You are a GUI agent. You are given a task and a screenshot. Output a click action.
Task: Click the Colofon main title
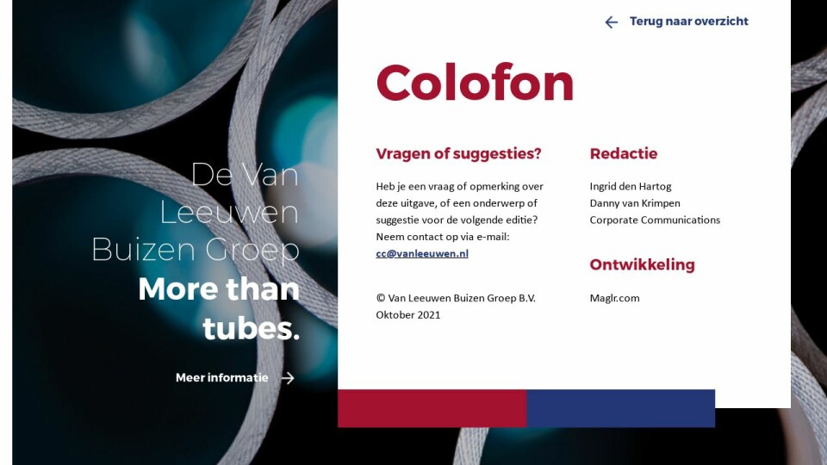[x=475, y=83]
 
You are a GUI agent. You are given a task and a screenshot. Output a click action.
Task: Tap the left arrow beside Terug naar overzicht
[x=612, y=22]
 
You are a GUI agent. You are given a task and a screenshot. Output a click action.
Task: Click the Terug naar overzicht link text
[x=689, y=21]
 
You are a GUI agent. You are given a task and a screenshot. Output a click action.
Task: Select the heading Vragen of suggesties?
[x=458, y=154]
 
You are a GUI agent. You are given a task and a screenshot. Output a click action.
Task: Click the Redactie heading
[x=624, y=153]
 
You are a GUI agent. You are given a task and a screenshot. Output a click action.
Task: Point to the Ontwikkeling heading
[x=642, y=264]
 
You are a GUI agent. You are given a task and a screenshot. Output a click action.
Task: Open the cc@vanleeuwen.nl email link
[x=422, y=253]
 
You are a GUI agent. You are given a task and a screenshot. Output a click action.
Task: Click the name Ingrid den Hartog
[x=631, y=186]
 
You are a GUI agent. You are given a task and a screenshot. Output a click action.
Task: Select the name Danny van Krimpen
[x=635, y=203]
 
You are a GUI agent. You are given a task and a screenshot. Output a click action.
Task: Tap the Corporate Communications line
[x=655, y=220]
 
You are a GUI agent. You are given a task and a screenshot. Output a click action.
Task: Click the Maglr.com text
[x=614, y=298]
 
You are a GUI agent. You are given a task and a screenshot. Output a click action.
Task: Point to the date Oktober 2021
[x=408, y=315]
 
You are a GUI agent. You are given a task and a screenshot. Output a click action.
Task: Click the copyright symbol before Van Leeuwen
[x=381, y=298]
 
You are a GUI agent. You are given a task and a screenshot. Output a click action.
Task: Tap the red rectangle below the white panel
[x=432, y=408]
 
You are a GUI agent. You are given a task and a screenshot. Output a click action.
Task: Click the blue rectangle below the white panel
[x=621, y=408]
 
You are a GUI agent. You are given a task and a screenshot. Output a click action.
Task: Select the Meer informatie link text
[x=222, y=377]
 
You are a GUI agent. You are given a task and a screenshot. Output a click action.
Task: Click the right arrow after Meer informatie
[x=288, y=378]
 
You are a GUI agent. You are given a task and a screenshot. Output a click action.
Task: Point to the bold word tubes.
[x=251, y=328]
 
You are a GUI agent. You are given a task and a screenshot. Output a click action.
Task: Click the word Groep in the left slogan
[x=252, y=250]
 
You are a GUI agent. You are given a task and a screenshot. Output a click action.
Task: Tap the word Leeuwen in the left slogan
[x=229, y=212]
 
